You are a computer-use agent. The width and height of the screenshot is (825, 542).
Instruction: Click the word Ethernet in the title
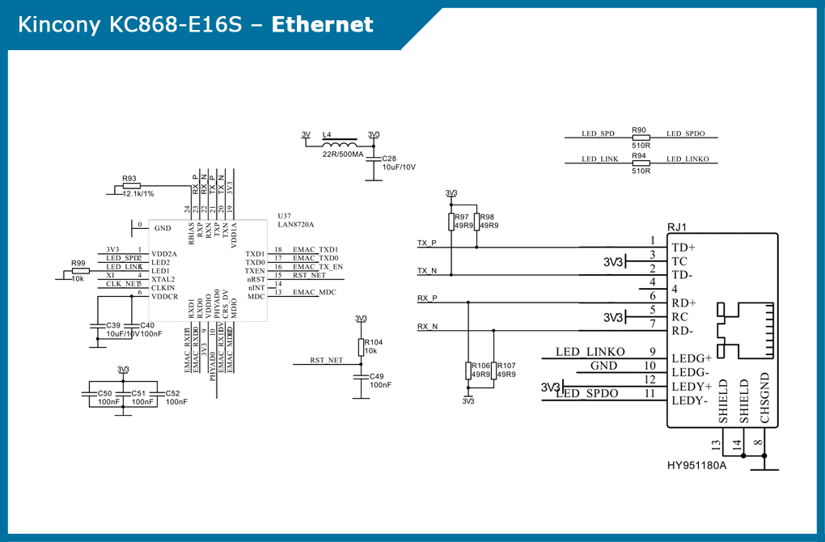coord(322,25)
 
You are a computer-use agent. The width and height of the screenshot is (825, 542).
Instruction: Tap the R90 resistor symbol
coord(640,138)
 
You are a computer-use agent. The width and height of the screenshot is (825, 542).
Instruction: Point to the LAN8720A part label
coord(295,224)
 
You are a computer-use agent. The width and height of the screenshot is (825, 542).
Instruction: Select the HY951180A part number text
coord(696,465)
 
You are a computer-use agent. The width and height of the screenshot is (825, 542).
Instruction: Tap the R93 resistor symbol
coord(129,186)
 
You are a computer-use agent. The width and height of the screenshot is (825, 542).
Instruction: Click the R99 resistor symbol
coord(79,272)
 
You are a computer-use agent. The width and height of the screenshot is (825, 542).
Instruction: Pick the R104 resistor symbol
coord(361,344)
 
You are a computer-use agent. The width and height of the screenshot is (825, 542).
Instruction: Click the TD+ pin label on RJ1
coord(683,247)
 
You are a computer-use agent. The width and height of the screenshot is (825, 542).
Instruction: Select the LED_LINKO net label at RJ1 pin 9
coord(590,352)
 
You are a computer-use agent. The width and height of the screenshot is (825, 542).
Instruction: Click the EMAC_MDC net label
coord(315,292)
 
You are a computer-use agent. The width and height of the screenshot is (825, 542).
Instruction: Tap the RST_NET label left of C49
coord(326,360)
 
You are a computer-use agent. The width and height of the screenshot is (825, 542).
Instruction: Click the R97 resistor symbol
coord(451,222)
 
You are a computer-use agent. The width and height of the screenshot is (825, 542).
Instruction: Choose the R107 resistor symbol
coord(493,371)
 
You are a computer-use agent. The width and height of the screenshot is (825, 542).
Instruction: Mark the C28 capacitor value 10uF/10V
coord(399,167)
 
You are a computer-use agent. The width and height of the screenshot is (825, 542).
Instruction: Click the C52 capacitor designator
coord(172,393)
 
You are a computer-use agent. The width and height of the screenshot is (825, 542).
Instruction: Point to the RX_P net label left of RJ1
coord(427,298)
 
